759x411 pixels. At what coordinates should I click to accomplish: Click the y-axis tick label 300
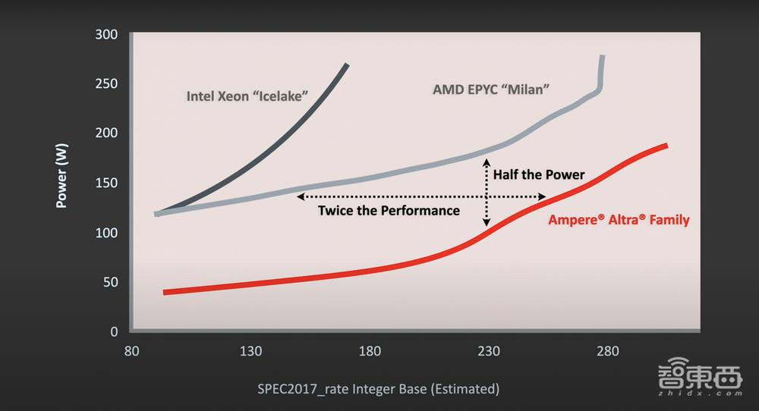108,34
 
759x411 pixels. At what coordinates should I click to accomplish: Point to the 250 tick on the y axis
108,83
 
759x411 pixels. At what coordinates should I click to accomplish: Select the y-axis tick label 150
108,183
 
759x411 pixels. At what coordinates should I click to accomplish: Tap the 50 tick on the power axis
111,282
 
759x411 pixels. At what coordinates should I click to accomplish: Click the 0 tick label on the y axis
114,331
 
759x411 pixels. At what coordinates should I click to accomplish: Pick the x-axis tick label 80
131,351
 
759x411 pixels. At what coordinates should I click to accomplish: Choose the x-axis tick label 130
250,351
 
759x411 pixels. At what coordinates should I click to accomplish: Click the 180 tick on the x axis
370,351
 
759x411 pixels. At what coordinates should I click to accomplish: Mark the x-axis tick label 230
489,351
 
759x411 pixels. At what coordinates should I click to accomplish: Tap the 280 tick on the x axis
608,351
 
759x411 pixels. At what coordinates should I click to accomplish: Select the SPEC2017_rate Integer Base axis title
378,389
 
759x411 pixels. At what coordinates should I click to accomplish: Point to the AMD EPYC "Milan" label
491,89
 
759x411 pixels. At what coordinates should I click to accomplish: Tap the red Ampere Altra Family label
619,220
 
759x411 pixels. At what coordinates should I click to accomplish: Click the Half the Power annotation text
539,174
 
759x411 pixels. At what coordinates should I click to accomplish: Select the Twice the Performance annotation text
389,210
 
